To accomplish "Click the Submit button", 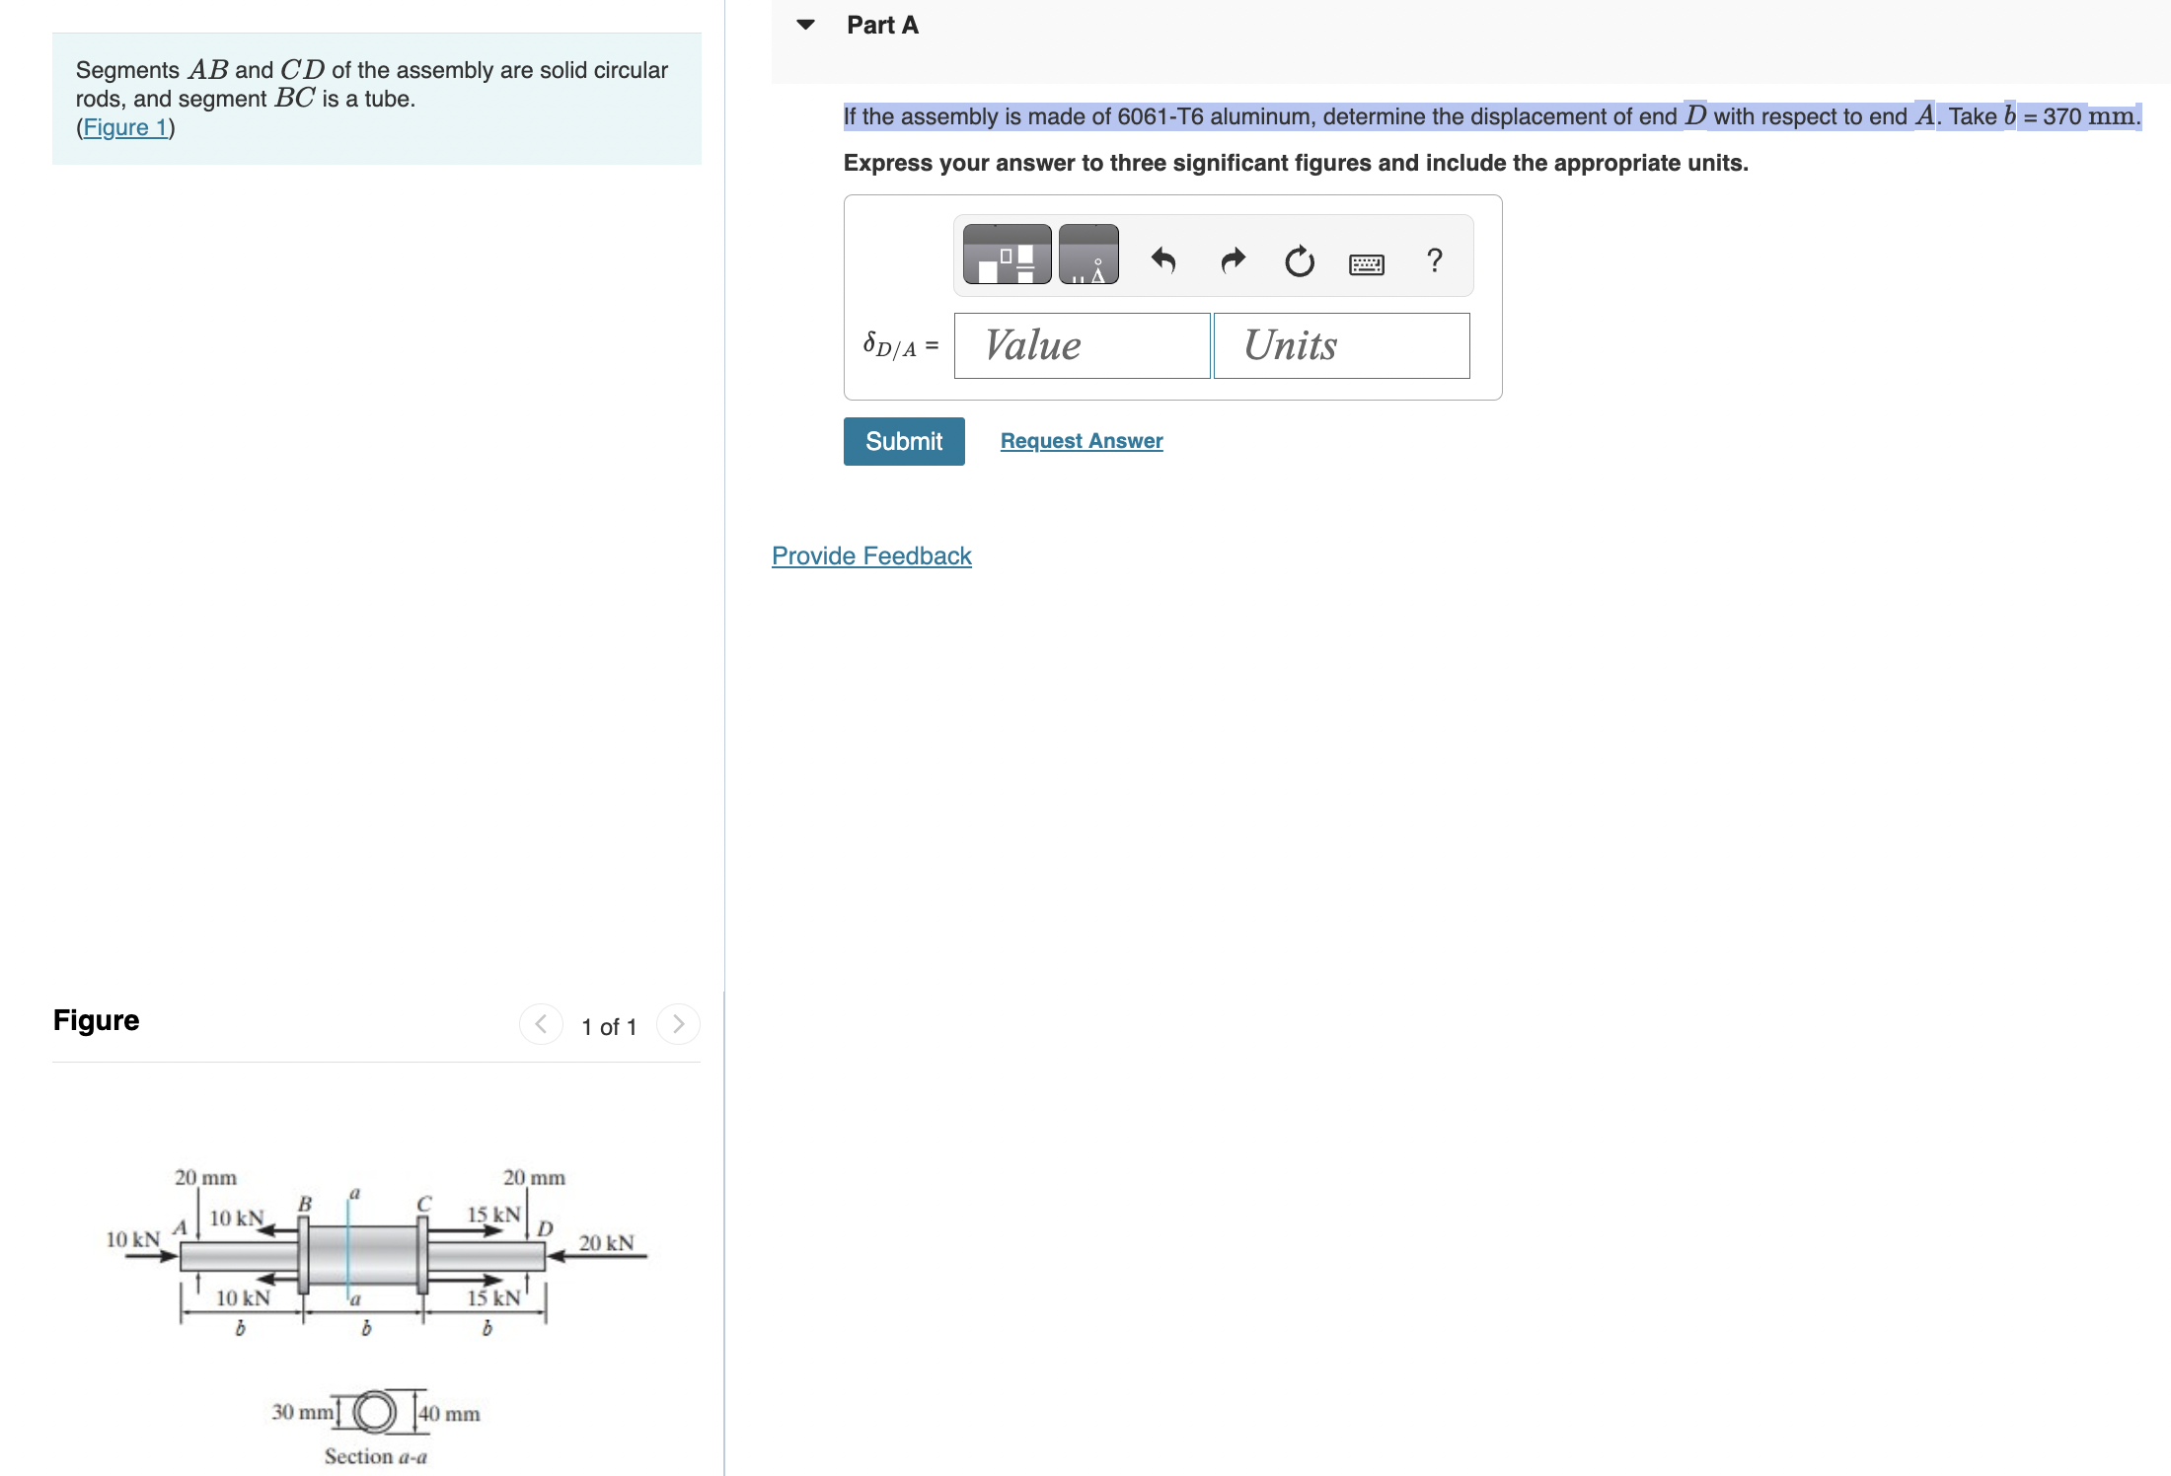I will click(903, 441).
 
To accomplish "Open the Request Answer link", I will click(1081, 441).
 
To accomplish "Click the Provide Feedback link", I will click(870, 555).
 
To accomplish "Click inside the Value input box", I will click(1081, 345).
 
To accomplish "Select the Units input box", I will click(1340, 345).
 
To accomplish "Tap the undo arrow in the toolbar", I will click(1163, 260).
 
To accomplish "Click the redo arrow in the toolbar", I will click(1233, 260).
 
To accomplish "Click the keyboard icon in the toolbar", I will click(1366, 263).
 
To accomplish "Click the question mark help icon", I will click(1434, 260).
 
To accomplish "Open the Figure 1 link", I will click(125, 127).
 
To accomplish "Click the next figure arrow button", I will click(678, 1024).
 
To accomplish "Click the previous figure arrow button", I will click(541, 1024).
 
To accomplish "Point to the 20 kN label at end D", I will click(606, 1242).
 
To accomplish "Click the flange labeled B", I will click(304, 1255).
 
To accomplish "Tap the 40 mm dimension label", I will click(449, 1413).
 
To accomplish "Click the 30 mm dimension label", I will click(302, 1412).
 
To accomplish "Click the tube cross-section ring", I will click(375, 1412).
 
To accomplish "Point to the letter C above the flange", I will click(423, 1204).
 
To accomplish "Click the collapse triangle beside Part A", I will click(805, 25).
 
